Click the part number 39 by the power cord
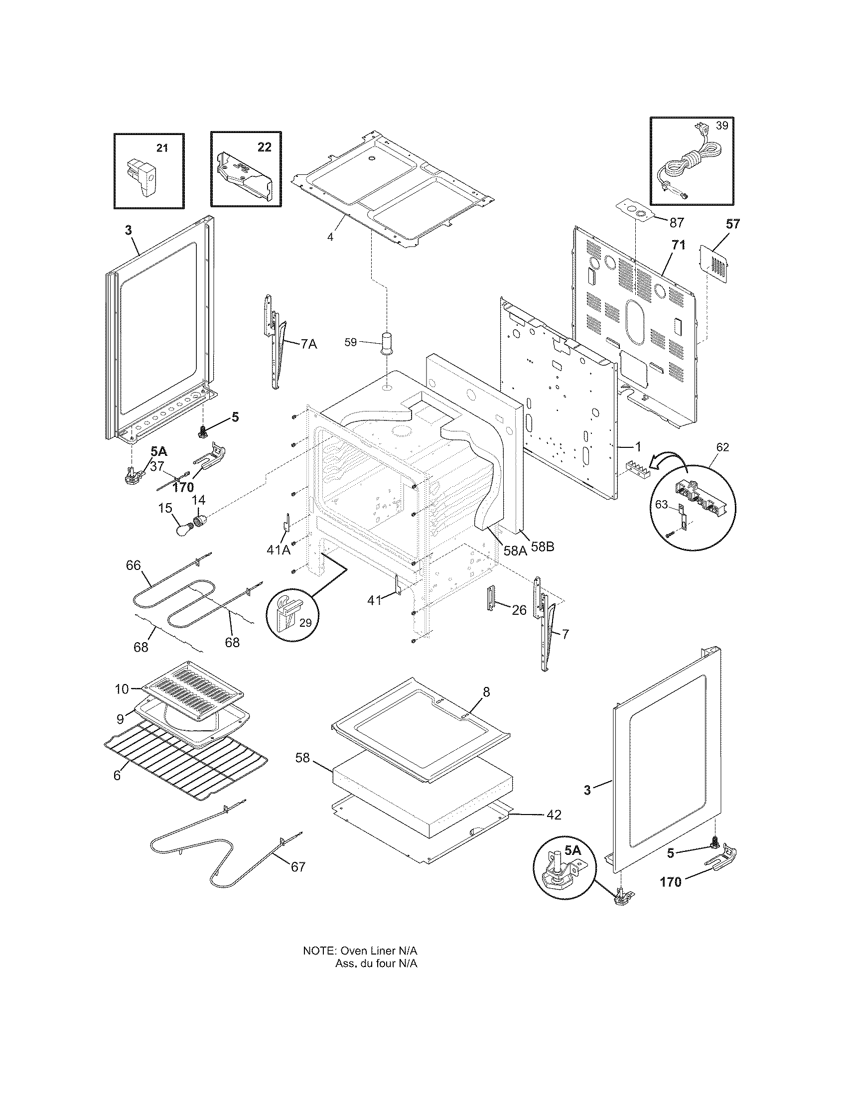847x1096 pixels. [721, 125]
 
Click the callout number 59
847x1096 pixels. [351, 342]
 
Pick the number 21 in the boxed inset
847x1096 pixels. [162, 147]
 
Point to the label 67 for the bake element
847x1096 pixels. [297, 867]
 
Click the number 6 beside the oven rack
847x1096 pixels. [117, 775]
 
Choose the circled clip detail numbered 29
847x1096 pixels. [292, 616]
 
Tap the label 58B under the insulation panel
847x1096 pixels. [543, 547]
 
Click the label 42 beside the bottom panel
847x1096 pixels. [554, 815]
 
